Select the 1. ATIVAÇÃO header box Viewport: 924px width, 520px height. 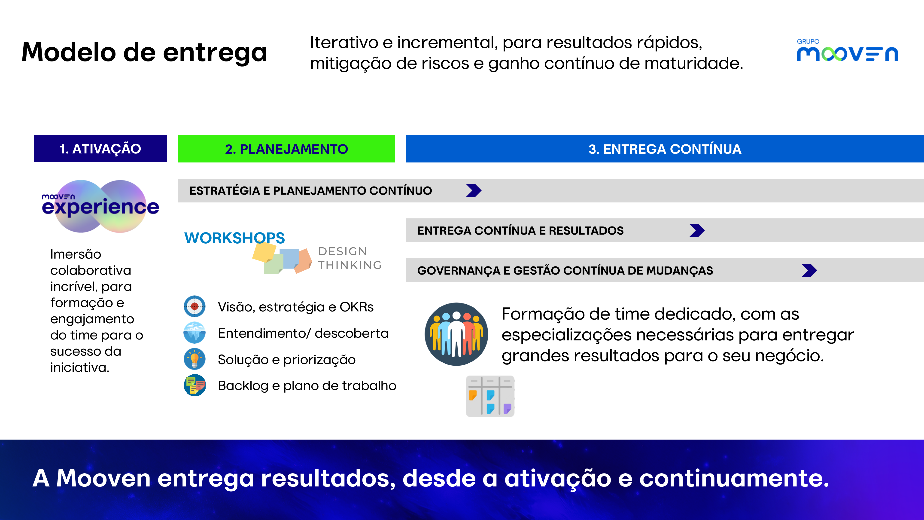tap(100, 149)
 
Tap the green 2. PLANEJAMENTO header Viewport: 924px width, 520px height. tap(287, 149)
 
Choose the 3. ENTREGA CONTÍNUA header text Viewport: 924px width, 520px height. tap(665, 149)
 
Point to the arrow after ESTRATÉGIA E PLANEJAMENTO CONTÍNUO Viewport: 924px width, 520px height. tap(474, 191)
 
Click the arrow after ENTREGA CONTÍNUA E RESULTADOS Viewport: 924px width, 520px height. tap(697, 230)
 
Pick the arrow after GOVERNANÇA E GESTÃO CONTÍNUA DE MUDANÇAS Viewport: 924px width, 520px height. tap(809, 270)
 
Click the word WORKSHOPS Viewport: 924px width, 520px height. tap(235, 238)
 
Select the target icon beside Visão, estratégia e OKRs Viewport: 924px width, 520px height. tap(195, 306)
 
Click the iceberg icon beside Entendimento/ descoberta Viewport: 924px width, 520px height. tap(195, 333)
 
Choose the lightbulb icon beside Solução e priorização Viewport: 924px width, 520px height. tap(195, 359)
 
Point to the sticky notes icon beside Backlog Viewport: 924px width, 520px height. tap(195, 385)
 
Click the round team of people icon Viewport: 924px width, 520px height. tap(456, 334)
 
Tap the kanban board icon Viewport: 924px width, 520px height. tap(490, 396)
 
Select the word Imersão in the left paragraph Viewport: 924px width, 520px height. tap(76, 254)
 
